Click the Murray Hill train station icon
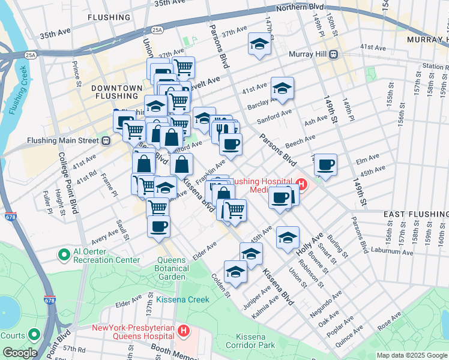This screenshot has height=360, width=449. [x=333, y=55]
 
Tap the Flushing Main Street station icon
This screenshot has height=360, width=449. [x=106, y=141]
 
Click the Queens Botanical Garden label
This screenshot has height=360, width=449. [x=181, y=265]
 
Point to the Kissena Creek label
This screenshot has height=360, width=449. [x=182, y=299]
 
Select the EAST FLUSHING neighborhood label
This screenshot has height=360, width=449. [x=415, y=214]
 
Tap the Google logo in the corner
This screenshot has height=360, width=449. [x=19, y=353]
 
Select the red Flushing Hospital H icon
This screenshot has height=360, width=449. [x=301, y=184]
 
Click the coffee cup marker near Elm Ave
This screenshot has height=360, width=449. [x=325, y=165]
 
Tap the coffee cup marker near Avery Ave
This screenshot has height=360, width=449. [x=159, y=227]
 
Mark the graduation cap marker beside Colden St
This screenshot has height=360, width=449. [x=236, y=272]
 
